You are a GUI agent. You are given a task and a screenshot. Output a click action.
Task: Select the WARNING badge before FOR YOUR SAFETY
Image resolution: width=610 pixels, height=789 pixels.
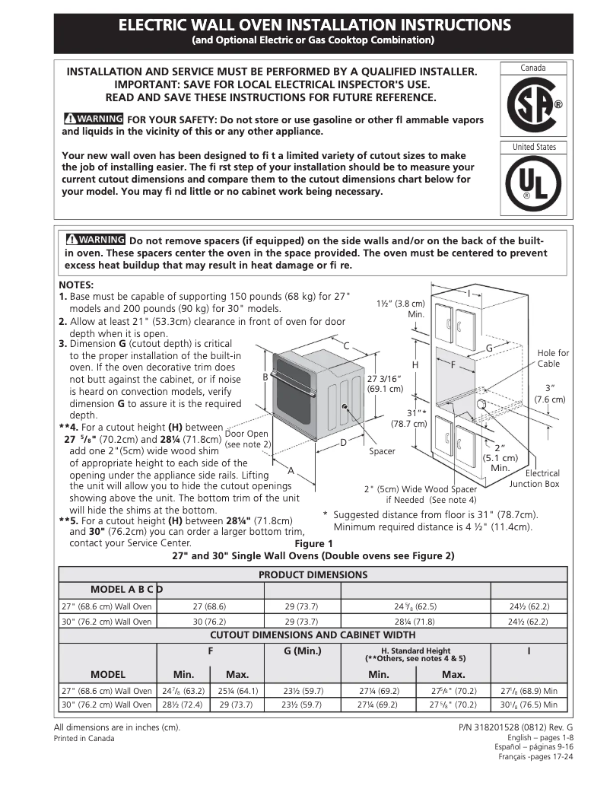click(94, 119)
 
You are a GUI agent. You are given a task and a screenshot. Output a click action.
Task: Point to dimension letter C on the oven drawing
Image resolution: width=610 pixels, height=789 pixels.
click(346, 346)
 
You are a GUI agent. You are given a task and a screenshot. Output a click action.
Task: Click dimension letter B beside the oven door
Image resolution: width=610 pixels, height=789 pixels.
click(265, 377)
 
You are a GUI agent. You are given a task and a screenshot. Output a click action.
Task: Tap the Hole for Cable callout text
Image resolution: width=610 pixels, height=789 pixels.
click(552, 358)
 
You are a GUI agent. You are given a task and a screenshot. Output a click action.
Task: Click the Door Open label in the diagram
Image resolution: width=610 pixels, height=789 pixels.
click(246, 438)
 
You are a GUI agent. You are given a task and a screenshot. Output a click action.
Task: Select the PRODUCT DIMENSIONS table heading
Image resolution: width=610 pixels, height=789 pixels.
click(313, 574)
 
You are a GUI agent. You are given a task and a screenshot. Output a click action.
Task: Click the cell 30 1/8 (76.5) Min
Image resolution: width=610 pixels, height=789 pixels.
click(529, 705)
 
